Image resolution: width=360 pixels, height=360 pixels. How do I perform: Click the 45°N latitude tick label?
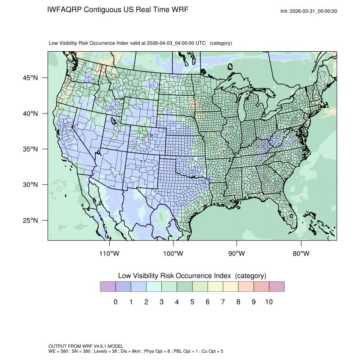[30, 78]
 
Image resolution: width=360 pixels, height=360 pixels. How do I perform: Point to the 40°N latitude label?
[30, 114]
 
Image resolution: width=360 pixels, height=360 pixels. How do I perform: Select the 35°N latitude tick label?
[30, 149]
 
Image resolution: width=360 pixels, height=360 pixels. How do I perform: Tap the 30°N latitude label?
[30, 185]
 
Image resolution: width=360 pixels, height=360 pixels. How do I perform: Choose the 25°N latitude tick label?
[30, 220]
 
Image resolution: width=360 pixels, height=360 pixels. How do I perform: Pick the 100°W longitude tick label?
[173, 254]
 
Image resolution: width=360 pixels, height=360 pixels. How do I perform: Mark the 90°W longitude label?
[237, 254]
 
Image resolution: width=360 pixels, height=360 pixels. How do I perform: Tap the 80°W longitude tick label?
[301, 254]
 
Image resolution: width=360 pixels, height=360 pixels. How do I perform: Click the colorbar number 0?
[116, 302]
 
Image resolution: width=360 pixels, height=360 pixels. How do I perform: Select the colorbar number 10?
[269, 302]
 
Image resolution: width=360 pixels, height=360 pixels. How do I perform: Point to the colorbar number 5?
[192, 302]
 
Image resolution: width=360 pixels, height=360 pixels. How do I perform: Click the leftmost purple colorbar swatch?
[108, 287]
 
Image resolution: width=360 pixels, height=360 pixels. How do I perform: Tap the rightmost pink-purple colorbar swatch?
[277, 287]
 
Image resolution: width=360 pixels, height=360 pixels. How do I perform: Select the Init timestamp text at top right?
[309, 11]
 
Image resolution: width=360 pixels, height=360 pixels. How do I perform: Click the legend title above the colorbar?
[192, 276]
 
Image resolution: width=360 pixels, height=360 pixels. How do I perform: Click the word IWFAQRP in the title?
[65, 10]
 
